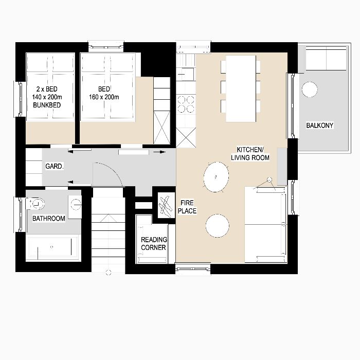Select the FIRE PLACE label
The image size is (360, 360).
pos(187,207)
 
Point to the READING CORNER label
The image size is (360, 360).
pos(153,243)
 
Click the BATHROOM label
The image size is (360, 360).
pos(49,219)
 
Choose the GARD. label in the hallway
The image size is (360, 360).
pos(55,167)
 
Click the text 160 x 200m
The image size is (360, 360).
pos(104,97)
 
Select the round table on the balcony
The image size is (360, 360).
pos(310,89)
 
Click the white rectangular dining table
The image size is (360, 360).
pos(241,88)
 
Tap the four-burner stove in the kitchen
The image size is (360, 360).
pos(186,104)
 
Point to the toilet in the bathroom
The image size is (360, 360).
pos(37,204)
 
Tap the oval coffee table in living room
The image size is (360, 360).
pos(216,176)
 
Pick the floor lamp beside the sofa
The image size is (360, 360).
pos(268,180)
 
